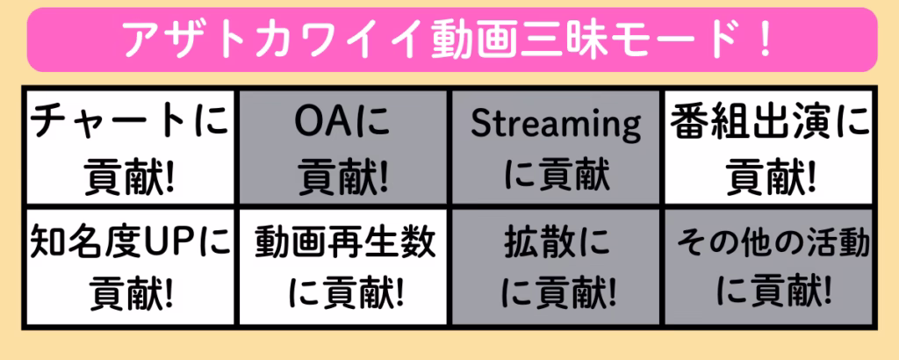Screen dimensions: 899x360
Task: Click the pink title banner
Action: coord(452,40)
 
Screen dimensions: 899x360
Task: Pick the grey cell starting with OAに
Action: coord(343,147)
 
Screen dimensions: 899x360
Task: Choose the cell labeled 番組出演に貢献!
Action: coord(769,147)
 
